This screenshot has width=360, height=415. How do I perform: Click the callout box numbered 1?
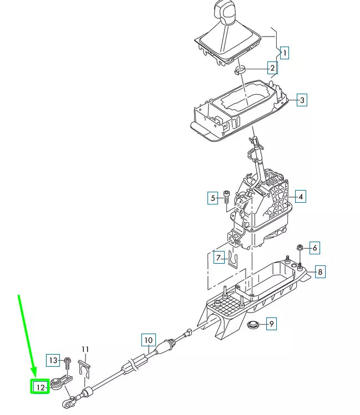click(x=284, y=53)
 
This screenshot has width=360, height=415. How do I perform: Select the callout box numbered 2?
click(x=272, y=69)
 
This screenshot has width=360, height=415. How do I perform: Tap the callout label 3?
click(x=301, y=100)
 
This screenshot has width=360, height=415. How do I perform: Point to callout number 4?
click(x=300, y=197)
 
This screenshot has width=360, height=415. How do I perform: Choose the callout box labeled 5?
click(x=213, y=198)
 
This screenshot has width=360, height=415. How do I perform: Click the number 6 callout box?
click(x=314, y=248)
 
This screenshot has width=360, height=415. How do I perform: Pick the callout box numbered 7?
click(x=219, y=258)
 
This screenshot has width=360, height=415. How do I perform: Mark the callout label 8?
click(x=319, y=271)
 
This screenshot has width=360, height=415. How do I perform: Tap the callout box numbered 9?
click(x=271, y=324)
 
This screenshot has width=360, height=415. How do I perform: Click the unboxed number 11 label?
click(x=85, y=349)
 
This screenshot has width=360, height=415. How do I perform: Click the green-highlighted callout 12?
click(x=40, y=387)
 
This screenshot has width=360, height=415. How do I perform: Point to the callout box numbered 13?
click(x=53, y=361)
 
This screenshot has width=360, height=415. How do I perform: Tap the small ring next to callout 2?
click(x=242, y=70)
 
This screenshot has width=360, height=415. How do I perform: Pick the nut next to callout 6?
click(x=299, y=247)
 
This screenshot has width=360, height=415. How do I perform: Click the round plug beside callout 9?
click(x=253, y=324)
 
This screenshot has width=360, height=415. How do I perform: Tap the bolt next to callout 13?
click(x=67, y=362)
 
